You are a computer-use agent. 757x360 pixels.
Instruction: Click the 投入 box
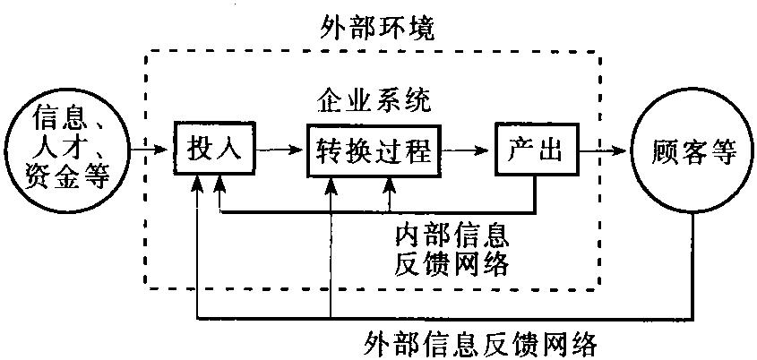point(216,150)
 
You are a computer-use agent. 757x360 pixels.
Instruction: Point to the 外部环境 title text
point(378,28)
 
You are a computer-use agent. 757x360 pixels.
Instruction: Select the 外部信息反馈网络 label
point(481,342)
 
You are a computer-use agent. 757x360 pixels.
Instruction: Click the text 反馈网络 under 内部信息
point(452,265)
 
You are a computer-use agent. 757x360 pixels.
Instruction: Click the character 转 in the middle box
point(331,150)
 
